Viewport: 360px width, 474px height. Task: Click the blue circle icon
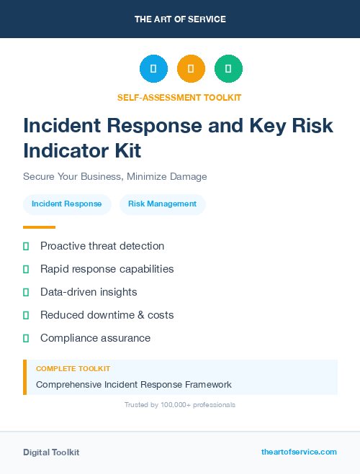pyautogui.click(x=153, y=68)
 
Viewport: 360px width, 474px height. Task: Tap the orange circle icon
pyautogui.click(x=191, y=68)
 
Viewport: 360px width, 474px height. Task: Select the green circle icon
pyautogui.click(x=228, y=68)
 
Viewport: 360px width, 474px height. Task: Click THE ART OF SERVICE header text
pyautogui.click(x=180, y=19)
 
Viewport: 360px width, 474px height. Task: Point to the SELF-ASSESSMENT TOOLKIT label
pyautogui.click(x=179, y=97)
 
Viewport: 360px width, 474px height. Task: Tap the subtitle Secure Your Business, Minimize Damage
pyautogui.click(x=115, y=176)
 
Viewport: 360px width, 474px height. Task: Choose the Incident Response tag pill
pyautogui.click(x=67, y=204)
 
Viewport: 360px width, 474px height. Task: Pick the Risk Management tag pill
pyautogui.click(x=162, y=204)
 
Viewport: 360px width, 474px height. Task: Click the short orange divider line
pyautogui.click(x=39, y=227)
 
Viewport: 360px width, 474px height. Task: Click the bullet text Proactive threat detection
pyautogui.click(x=102, y=246)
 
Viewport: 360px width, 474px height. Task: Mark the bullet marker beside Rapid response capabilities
pyautogui.click(x=26, y=270)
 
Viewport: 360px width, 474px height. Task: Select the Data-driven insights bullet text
pyautogui.click(x=89, y=292)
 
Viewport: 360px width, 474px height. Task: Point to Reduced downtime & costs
pyautogui.click(x=107, y=315)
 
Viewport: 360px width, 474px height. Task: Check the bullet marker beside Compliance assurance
pyautogui.click(x=26, y=338)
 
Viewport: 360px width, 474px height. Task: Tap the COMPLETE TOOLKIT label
pyautogui.click(x=73, y=369)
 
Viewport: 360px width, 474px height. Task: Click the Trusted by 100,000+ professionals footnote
pyautogui.click(x=180, y=405)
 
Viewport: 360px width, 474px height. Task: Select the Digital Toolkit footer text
pyautogui.click(x=51, y=452)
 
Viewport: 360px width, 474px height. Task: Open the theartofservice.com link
pyautogui.click(x=299, y=452)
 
